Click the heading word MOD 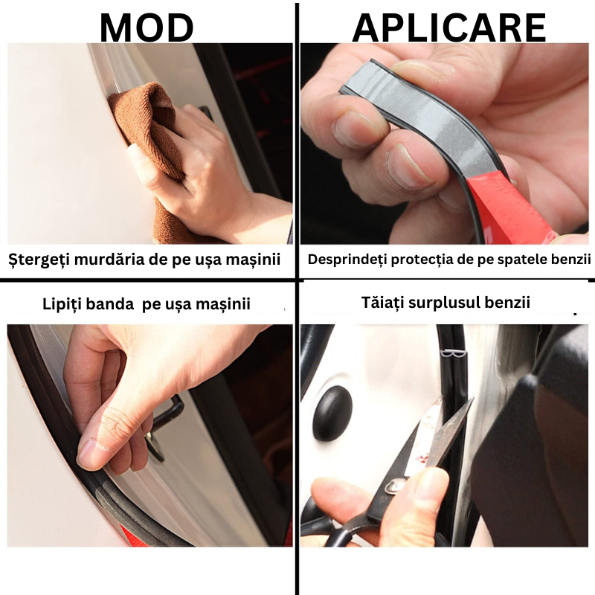pyautogui.click(x=147, y=28)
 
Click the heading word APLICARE pyautogui.click(x=449, y=28)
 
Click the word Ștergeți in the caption pyautogui.click(x=39, y=260)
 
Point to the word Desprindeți pyautogui.click(x=347, y=260)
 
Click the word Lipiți pyautogui.click(x=64, y=304)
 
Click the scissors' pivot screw pyautogui.click(x=395, y=486)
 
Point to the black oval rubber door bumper pyautogui.click(x=332, y=414)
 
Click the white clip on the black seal pyautogui.click(x=454, y=354)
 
